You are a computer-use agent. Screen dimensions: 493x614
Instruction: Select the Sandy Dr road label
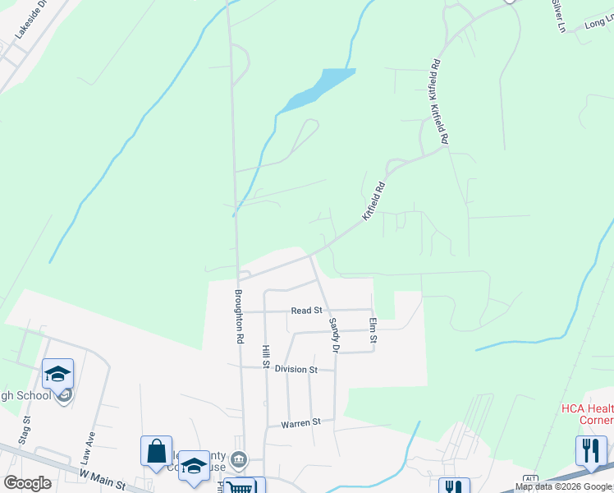click(x=334, y=335)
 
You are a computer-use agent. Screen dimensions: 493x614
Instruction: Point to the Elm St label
click(x=373, y=330)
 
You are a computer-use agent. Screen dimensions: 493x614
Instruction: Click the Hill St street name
click(x=266, y=357)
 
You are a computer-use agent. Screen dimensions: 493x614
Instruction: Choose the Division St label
click(x=296, y=370)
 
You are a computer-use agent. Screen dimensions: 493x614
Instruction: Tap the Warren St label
click(x=300, y=424)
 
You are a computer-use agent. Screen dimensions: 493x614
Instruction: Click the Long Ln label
click(x=599, y=24)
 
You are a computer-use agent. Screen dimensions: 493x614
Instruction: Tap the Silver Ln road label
click(x=559, y=16)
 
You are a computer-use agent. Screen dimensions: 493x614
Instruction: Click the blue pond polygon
click(x=322, y=86)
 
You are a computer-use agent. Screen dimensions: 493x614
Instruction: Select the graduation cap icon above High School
click(x=57, y=375)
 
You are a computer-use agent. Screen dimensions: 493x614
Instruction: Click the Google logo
click(x=27, y=483)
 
